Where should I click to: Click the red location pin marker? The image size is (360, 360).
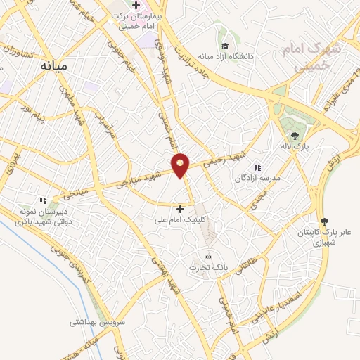pyautogui.click(x=181, y=165)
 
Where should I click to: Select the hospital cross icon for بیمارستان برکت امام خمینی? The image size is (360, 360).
pyautogui.click(x=136, y=6)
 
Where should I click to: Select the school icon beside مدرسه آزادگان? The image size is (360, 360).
pyautogui.click(x=257, y=167)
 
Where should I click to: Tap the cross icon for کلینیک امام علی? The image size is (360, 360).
pyautogui.click(x=181, y=209)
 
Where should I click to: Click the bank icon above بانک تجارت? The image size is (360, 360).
pyautogui.click(x=208, y=257)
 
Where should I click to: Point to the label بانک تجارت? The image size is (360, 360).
pyautogui.click(x=205, y=268)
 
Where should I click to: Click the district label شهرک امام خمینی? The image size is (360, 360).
pyautogui.click(x=309, y=57)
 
